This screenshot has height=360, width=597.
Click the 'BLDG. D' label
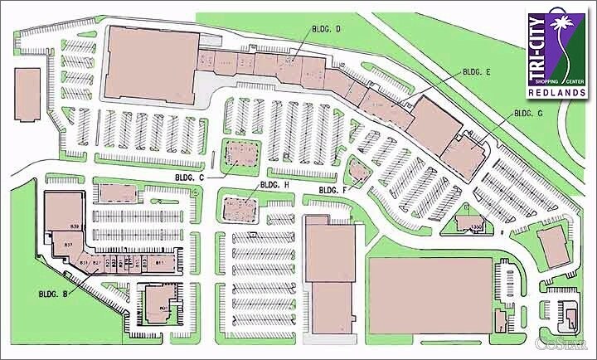pyautogui.click(x=327, y=30)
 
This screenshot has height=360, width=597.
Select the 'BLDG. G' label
pyautogui.click(x=528, y=113)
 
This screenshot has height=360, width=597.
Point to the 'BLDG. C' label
pyautogui.click(x=190, y=177)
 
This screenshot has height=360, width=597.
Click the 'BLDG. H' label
pyautogui.click(x=274, y=185)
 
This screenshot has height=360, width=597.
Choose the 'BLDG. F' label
pyautogui.click(x=332, y=192)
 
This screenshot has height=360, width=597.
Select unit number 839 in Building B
pyautogui.click(x=74, y=226)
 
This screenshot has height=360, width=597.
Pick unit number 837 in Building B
pyautogui.click(x=69, y=246)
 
